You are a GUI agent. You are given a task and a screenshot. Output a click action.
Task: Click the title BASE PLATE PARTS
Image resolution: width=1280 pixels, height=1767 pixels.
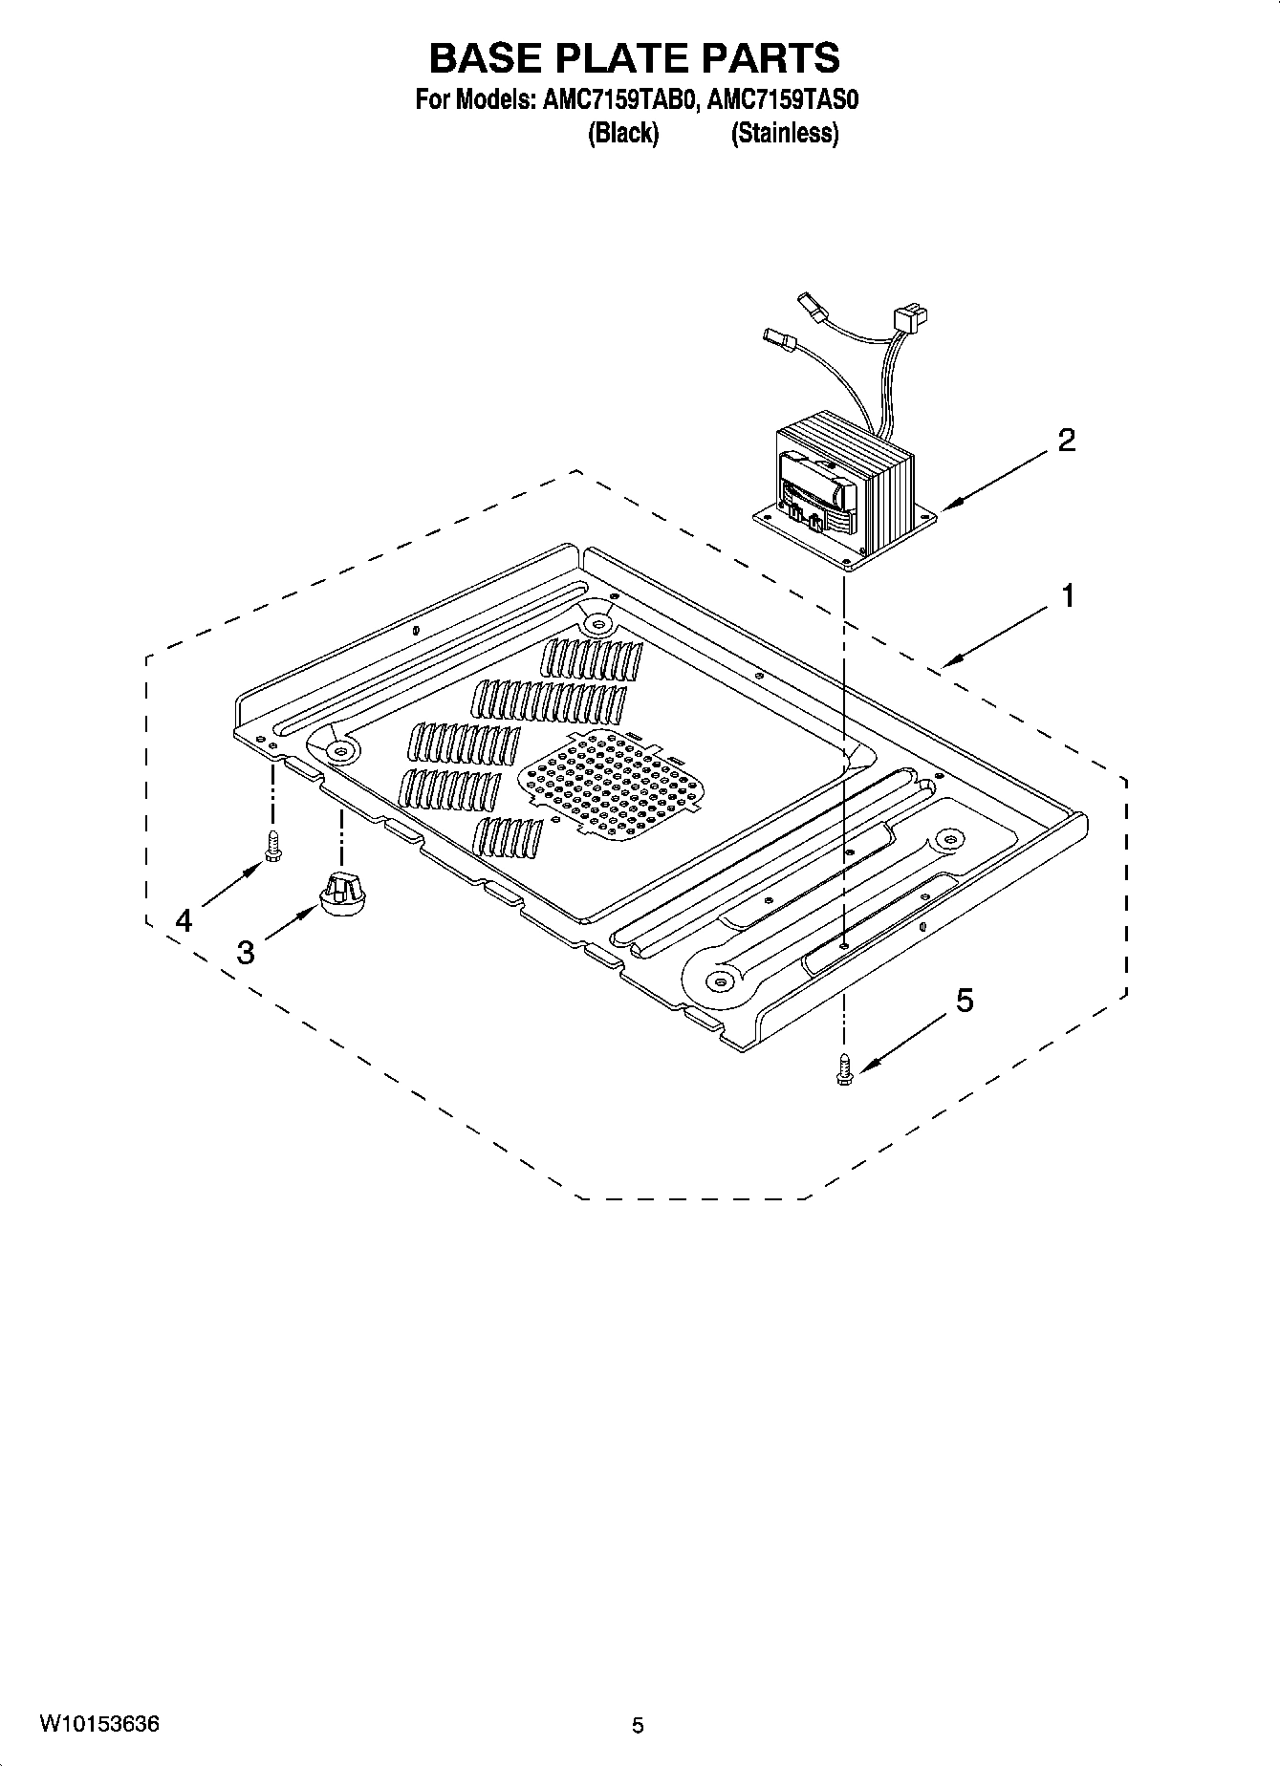pos(634,58)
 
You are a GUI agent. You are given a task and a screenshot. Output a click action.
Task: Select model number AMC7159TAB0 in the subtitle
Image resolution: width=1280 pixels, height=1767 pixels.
pos(606,101)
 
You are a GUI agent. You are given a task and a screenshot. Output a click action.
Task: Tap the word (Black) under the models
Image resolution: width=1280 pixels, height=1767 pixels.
pos(622,134)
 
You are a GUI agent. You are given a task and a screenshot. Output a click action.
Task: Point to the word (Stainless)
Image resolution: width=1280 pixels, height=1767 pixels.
pos(784,134)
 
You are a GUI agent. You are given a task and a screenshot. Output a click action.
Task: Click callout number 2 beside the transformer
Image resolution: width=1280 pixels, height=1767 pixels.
pos(1066,441)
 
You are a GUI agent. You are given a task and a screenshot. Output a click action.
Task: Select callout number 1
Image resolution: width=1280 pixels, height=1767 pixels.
pos(1067,596)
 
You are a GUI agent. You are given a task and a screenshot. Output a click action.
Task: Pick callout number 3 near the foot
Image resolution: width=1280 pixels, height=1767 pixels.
pos(246,952)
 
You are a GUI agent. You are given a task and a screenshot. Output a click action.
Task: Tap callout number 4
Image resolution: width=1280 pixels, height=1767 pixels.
pos(184,920)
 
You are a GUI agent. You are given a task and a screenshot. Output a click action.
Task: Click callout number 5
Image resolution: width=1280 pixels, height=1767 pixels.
pos(965,1001)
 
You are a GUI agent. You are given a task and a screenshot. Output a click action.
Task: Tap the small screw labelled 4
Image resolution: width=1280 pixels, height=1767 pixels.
pos(271,846)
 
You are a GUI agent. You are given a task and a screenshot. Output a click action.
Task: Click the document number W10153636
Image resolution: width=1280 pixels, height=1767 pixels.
pos(99,1725)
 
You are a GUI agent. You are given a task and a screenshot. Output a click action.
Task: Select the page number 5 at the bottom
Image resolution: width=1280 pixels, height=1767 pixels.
pos(638,1726)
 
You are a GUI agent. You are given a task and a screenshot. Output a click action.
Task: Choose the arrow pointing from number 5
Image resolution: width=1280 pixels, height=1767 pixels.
pos(903,1043)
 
